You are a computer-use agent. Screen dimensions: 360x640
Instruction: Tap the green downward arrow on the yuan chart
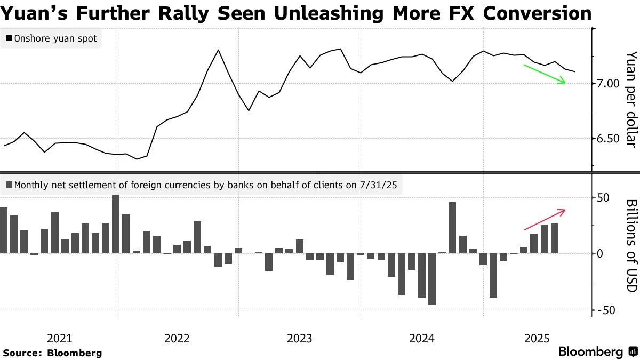(x=545, y=74)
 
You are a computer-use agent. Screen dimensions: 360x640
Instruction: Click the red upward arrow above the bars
(x=545, y=219)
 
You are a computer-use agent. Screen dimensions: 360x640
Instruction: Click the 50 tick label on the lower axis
(x=604, y=198)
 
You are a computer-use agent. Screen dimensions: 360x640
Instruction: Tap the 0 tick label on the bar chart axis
(x=600, y=254)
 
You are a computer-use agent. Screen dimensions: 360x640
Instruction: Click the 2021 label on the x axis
(x=59, y=338)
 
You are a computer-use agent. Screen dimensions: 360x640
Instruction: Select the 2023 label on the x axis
(x=299, y=338)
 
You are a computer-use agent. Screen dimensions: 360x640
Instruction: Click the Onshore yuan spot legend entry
(x=51, y=38)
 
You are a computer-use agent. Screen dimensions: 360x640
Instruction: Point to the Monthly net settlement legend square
(x=9, y=186)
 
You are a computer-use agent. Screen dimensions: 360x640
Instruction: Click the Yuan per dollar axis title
(x=631, y=100)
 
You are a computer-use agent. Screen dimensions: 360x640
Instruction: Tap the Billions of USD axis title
(x=631, y=245)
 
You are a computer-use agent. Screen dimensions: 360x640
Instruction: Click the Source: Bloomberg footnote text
(x=52, y=353)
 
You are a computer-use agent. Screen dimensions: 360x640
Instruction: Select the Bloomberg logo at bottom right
(x=597, y=352)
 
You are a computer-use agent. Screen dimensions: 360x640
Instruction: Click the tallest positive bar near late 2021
(x=116, y=224)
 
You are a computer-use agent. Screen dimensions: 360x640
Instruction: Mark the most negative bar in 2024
(x=431, y=279)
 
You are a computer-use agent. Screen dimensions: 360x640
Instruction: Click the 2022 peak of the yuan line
(x=219, y=50)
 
